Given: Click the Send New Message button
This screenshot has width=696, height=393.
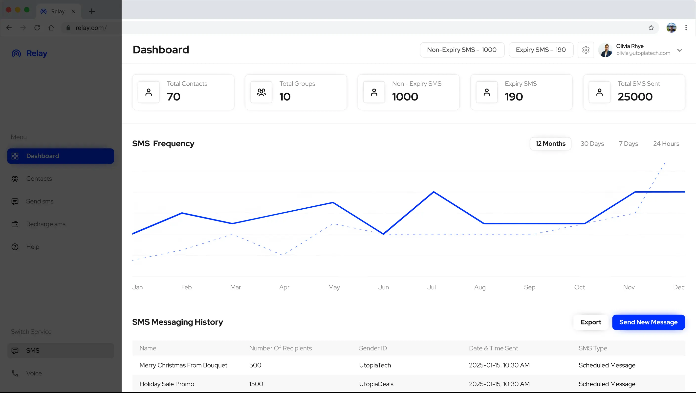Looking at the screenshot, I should tap(648, 322).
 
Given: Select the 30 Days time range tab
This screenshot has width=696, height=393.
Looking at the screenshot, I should tap(592, 144).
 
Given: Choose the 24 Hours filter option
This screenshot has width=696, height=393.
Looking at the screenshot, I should tap(666, 144).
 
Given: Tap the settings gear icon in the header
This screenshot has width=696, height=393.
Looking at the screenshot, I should tap(586, 50).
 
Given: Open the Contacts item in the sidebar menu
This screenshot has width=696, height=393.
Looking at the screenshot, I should tap(39, 179).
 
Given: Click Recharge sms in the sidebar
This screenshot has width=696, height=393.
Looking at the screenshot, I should tap(46, 224).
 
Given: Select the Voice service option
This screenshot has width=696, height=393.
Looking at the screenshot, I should tap(34, 373).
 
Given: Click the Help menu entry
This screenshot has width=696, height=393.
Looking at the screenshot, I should tap(32, 247).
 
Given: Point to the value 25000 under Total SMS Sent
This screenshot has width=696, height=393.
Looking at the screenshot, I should tap(635, 97).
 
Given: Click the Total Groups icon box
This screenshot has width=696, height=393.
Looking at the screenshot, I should tap(261, 92).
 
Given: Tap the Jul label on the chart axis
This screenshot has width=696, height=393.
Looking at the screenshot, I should tap(431, 287).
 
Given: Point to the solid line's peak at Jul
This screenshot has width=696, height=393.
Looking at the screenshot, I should tap(434, 192).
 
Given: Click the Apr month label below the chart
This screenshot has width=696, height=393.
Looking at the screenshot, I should tap(284, 287).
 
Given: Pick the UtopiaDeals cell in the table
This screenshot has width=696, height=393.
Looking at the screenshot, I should tap(376, 384).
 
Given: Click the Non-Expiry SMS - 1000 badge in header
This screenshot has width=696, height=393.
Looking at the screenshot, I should tap(462, 50).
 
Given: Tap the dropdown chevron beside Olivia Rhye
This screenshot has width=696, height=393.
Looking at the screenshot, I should tap(679, 50).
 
